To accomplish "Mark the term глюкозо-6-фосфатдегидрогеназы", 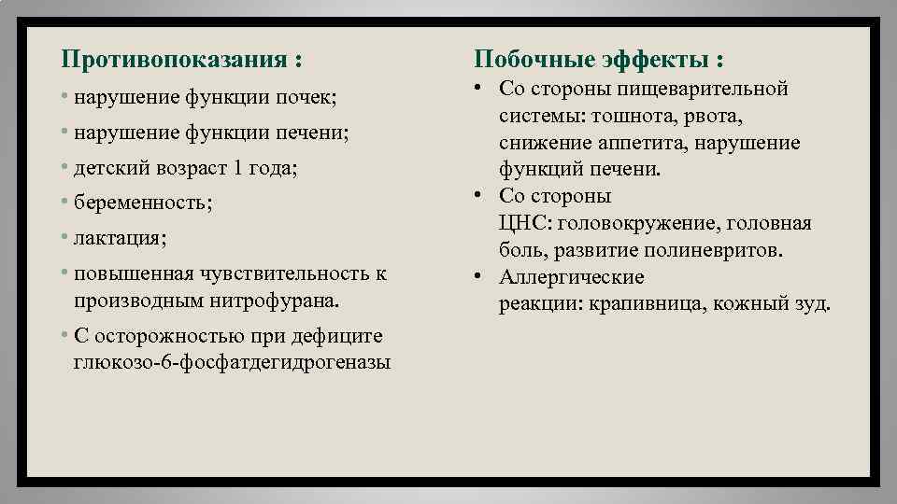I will (x=231, y=362).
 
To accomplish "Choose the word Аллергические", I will (x=572, y=278).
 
